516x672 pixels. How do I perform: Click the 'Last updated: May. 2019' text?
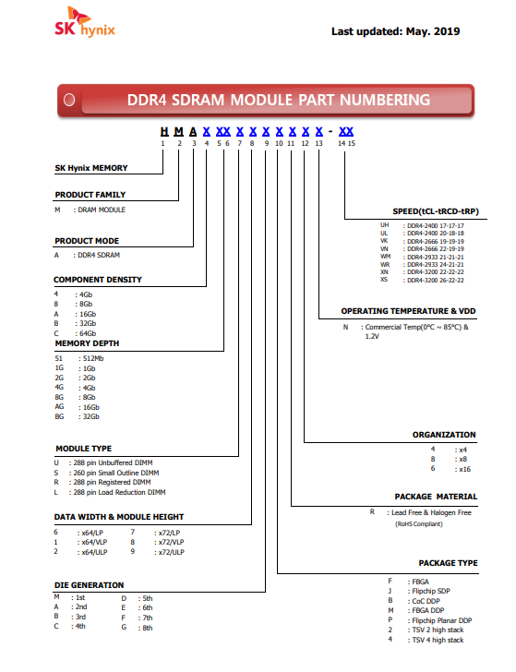coord(396,31)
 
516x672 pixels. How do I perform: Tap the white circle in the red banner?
coord(69,100)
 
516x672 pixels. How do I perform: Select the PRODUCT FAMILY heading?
coord(90,195)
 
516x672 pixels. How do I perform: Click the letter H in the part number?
coord(164,132)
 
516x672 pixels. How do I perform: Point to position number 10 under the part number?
coord(279,144)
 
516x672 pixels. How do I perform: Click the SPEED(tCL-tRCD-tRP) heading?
coord(436,211)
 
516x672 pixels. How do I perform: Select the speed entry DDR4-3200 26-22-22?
coord(436,281)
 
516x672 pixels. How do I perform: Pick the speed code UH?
coord(384,225)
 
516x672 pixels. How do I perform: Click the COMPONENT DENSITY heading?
coord(98,280)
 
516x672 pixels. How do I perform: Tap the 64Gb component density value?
coord(88,333)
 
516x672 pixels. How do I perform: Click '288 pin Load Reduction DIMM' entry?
coord(119,492)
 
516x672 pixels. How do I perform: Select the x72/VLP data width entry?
coord(171,542)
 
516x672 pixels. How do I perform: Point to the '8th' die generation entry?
coord(148,628)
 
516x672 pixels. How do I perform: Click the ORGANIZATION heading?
coord(444,435)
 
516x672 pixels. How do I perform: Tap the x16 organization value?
coord(464,469)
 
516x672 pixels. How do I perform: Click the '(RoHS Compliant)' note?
coord(419,523)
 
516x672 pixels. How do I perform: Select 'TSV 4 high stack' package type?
coord(438,640)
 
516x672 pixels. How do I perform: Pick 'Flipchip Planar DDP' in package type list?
coord(442,620)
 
